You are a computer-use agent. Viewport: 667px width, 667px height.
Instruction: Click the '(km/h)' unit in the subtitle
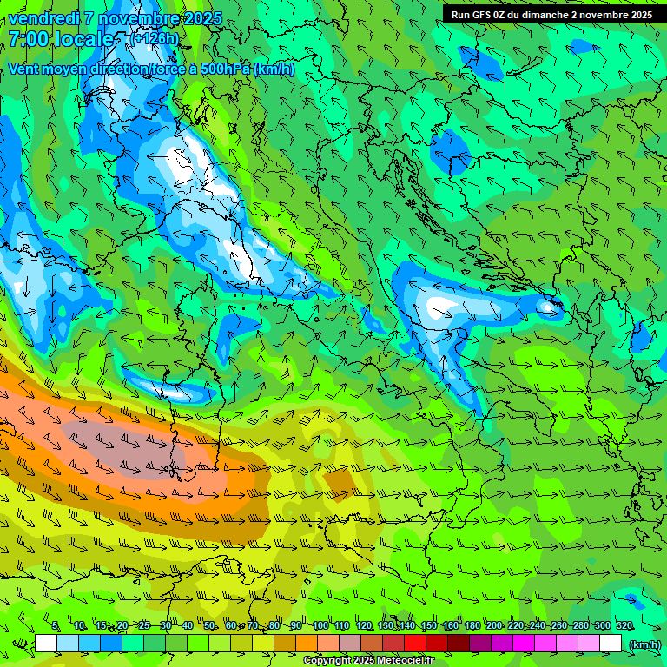click(274, 69)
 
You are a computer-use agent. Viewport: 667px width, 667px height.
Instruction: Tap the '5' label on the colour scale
click(56, 626)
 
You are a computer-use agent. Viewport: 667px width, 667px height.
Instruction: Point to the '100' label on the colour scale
click(320, 626)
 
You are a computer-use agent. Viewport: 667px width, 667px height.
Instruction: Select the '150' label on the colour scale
click(429, 626)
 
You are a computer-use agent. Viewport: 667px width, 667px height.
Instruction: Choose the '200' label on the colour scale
click(494, 626)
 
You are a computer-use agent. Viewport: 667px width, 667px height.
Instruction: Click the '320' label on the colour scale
click(624, 626)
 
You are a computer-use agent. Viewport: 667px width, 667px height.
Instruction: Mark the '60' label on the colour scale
click(231, 626)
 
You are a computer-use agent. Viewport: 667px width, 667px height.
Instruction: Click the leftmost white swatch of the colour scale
click(46, 644)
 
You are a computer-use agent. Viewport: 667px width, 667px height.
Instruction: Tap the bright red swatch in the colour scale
click(415, 644)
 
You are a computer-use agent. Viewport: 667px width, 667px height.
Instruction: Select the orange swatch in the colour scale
click(307, 644)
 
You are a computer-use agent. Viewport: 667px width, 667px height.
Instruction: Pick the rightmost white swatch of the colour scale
click(611, 644)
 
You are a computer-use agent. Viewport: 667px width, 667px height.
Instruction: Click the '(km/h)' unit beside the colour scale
click(644, 644)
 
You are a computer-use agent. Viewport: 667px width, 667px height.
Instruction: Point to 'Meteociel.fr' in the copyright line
click(411, 661)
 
